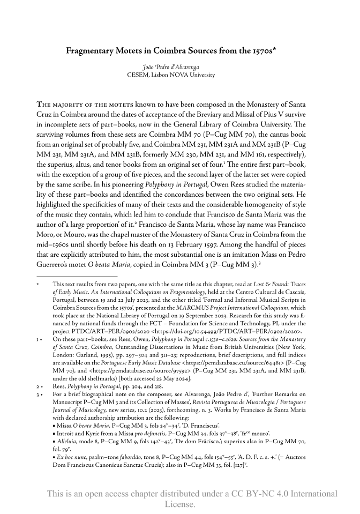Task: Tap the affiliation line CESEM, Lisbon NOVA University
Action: pos(179,75)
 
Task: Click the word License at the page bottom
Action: pos(179,504)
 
